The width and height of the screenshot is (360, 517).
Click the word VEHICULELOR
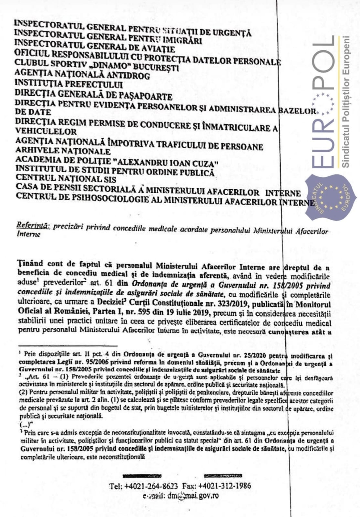click(x=46, y=132)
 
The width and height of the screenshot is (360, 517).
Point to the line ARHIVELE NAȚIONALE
click(x=63, y=151)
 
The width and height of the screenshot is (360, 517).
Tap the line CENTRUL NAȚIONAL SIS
click(x=66, y=178)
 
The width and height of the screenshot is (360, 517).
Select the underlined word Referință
click(x=33, y=226)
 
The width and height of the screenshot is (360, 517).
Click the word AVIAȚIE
click(x=157, y=49)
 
